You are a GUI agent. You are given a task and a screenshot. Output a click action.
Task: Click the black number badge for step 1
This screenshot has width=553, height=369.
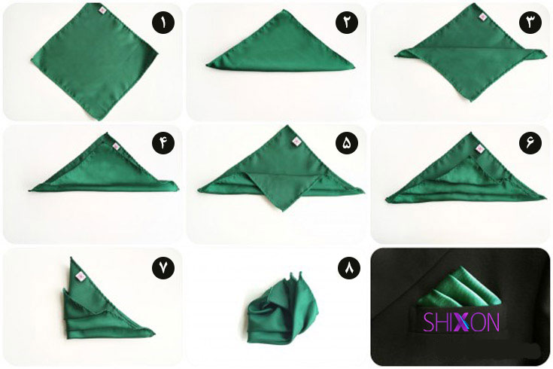pyautogui.click(x=163, y=23)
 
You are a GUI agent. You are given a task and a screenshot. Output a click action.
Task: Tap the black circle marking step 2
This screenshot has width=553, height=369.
pyautogui.click(x=347, y=23)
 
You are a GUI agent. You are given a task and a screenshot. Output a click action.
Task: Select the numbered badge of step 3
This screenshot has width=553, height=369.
pyautogui.click(x=530, y=23)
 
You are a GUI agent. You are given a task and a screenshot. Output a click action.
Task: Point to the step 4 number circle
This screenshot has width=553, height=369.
pyautogui.click(x=163, y=143)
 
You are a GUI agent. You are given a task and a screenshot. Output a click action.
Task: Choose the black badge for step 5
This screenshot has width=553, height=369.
pyautogui.click(x=347, y=143)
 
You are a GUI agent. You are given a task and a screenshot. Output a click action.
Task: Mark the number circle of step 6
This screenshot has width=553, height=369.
pyautogui.click(x=530, y=143)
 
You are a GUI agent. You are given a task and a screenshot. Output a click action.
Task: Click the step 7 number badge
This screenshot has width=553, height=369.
pyautogui.click(x=163, y=268)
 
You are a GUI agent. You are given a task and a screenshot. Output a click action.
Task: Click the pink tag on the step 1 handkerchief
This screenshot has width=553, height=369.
pyautogui.click(x=102, y=11)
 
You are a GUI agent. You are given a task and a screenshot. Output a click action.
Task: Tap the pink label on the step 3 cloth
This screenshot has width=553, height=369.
pyautogui.click(x=483, y=17)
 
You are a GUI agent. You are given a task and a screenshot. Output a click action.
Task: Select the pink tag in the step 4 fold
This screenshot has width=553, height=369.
pyautogui.click(x=116, y=147)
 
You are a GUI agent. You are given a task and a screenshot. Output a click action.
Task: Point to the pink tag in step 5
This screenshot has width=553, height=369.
pyautogui.click(x=296, y=142)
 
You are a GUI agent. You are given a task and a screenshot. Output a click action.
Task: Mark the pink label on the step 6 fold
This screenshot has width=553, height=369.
pyautogui.click(x=480, y=149)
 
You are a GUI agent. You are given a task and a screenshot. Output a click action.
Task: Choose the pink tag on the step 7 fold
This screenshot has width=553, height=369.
pyautogui.click(x=81, y=276)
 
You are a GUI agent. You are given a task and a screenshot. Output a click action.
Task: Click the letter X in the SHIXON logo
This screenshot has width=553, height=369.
pyautogui.click(x=460, y=322)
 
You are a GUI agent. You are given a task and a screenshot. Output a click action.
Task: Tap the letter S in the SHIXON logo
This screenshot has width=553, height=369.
pyautogui.click(x=430, y=322)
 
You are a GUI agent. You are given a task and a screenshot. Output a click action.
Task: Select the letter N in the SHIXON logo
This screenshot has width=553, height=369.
pyautogui.click(x=493, y=322)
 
